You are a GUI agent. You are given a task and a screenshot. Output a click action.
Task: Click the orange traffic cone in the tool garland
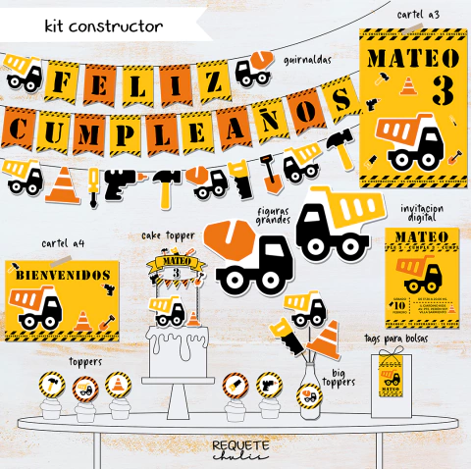point(65,183)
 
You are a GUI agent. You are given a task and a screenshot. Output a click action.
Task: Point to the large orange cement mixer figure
point(247,257)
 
